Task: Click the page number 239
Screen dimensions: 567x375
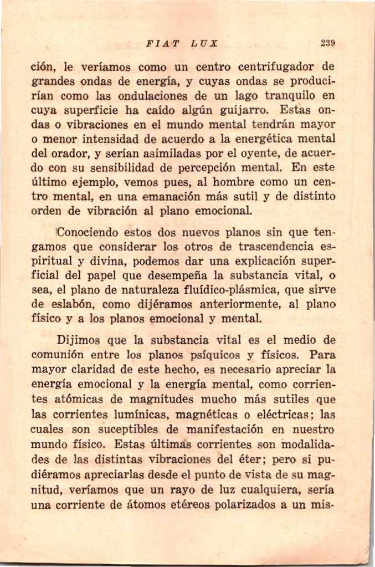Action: (x=328, y=43)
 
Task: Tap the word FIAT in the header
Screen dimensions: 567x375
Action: (x=158, y=43)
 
